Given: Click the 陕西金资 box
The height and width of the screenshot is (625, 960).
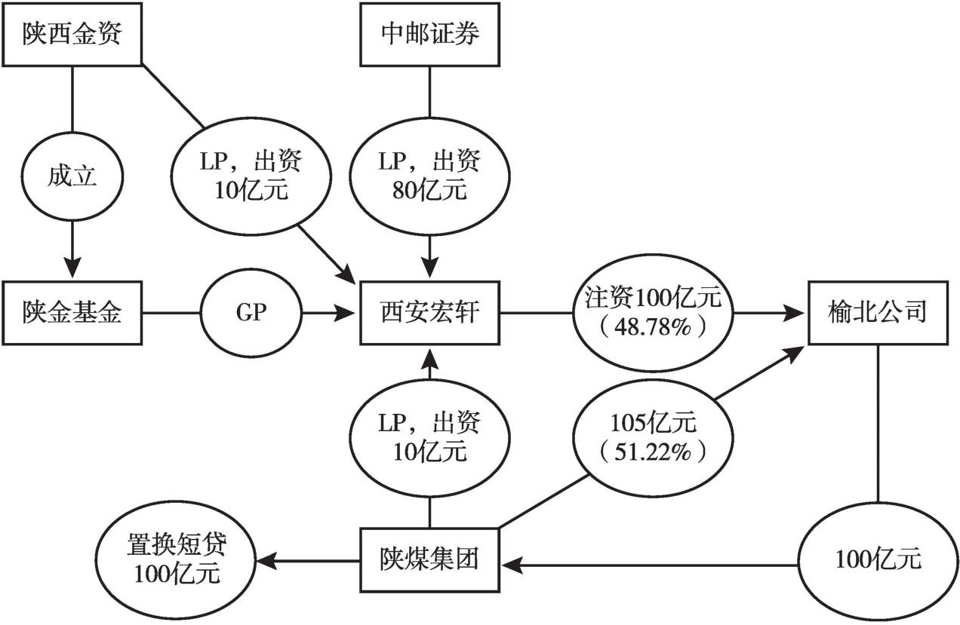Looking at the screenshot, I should [x=71, y=34].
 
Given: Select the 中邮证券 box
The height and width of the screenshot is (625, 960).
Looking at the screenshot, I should [x=430, y=34].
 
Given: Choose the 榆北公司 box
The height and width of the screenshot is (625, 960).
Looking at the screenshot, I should [x=877, y=311].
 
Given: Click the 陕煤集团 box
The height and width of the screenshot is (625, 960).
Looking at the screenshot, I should [x=429, y=560].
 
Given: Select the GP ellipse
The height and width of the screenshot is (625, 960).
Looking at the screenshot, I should [x=251, y=311].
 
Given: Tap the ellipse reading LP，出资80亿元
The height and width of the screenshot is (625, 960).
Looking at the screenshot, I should [x=429, y=176].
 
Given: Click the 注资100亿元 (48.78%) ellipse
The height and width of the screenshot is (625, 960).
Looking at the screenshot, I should [x=654, y=311].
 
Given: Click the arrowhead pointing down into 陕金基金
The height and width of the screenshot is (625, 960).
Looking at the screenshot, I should [x=71, y=268].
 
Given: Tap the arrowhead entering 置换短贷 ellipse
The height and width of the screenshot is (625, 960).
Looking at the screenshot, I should [x=266, y=560].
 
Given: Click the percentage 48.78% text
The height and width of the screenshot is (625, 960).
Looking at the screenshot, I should [x=654, y=326].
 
